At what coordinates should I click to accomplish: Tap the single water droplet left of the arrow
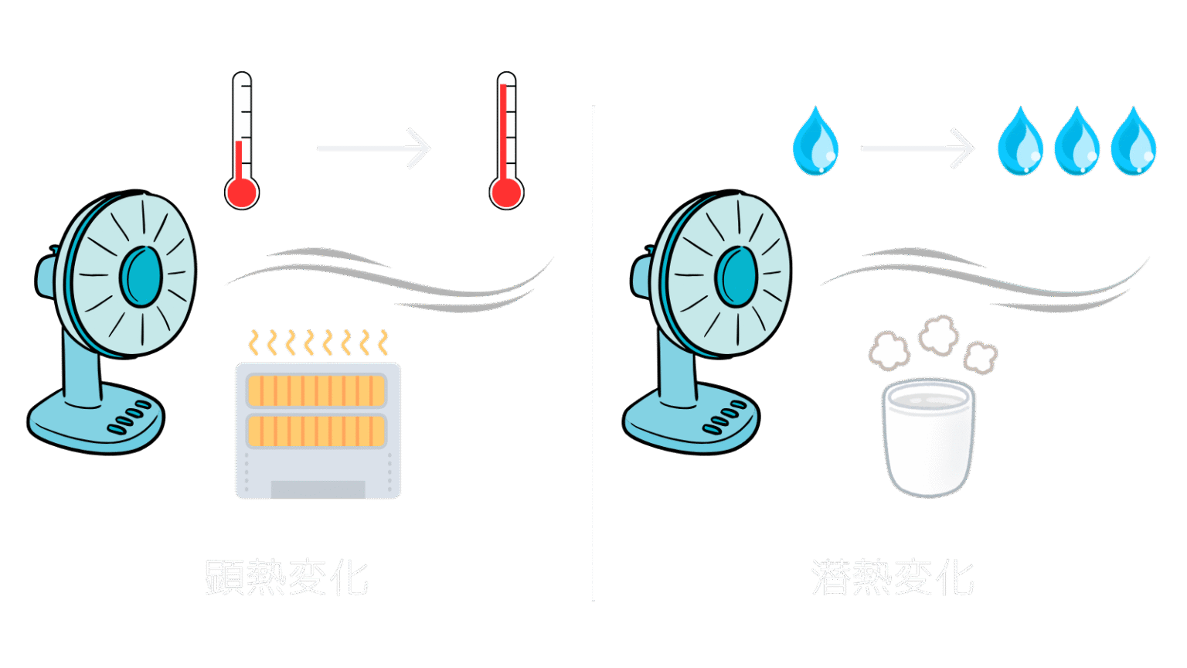tap(815, 143)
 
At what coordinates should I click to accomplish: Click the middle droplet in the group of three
tap(1076, 143)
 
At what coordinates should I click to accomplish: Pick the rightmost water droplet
tap(1134, 143)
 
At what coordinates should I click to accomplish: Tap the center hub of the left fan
tap(141, 276)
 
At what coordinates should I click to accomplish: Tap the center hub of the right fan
tap(736, 276)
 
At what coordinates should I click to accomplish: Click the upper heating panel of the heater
tap(317, 391)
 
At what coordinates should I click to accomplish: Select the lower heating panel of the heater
tap(317, 431)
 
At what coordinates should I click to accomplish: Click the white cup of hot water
tap(928, 441)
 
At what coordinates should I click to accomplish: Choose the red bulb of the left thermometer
tap(242, 193)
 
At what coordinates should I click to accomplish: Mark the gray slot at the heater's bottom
tap(318, 489)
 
